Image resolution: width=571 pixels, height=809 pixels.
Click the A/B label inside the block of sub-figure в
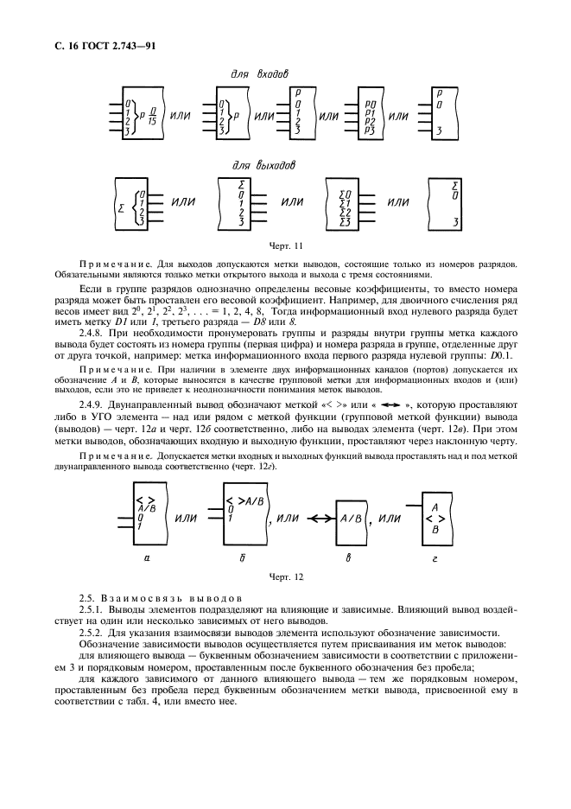click(x=350, y=519)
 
